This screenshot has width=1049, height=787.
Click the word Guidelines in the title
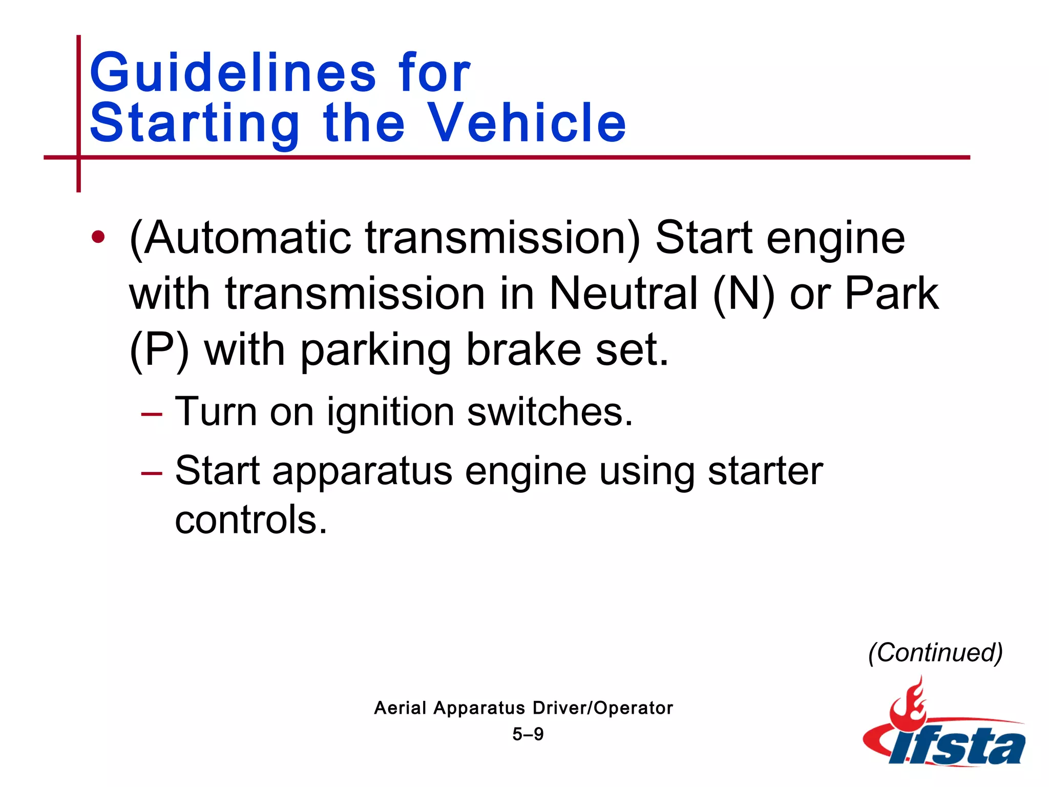point(233,73)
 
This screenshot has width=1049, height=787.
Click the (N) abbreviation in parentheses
point(743,294)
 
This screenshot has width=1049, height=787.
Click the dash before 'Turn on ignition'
point(152,413)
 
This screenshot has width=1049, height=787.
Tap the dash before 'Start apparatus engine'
point(152,472)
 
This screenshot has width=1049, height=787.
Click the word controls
point(250,520)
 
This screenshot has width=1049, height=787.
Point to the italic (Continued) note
point(935,653)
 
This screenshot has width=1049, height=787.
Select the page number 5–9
point(528,734)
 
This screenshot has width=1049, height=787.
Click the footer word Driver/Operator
point(602,708)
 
